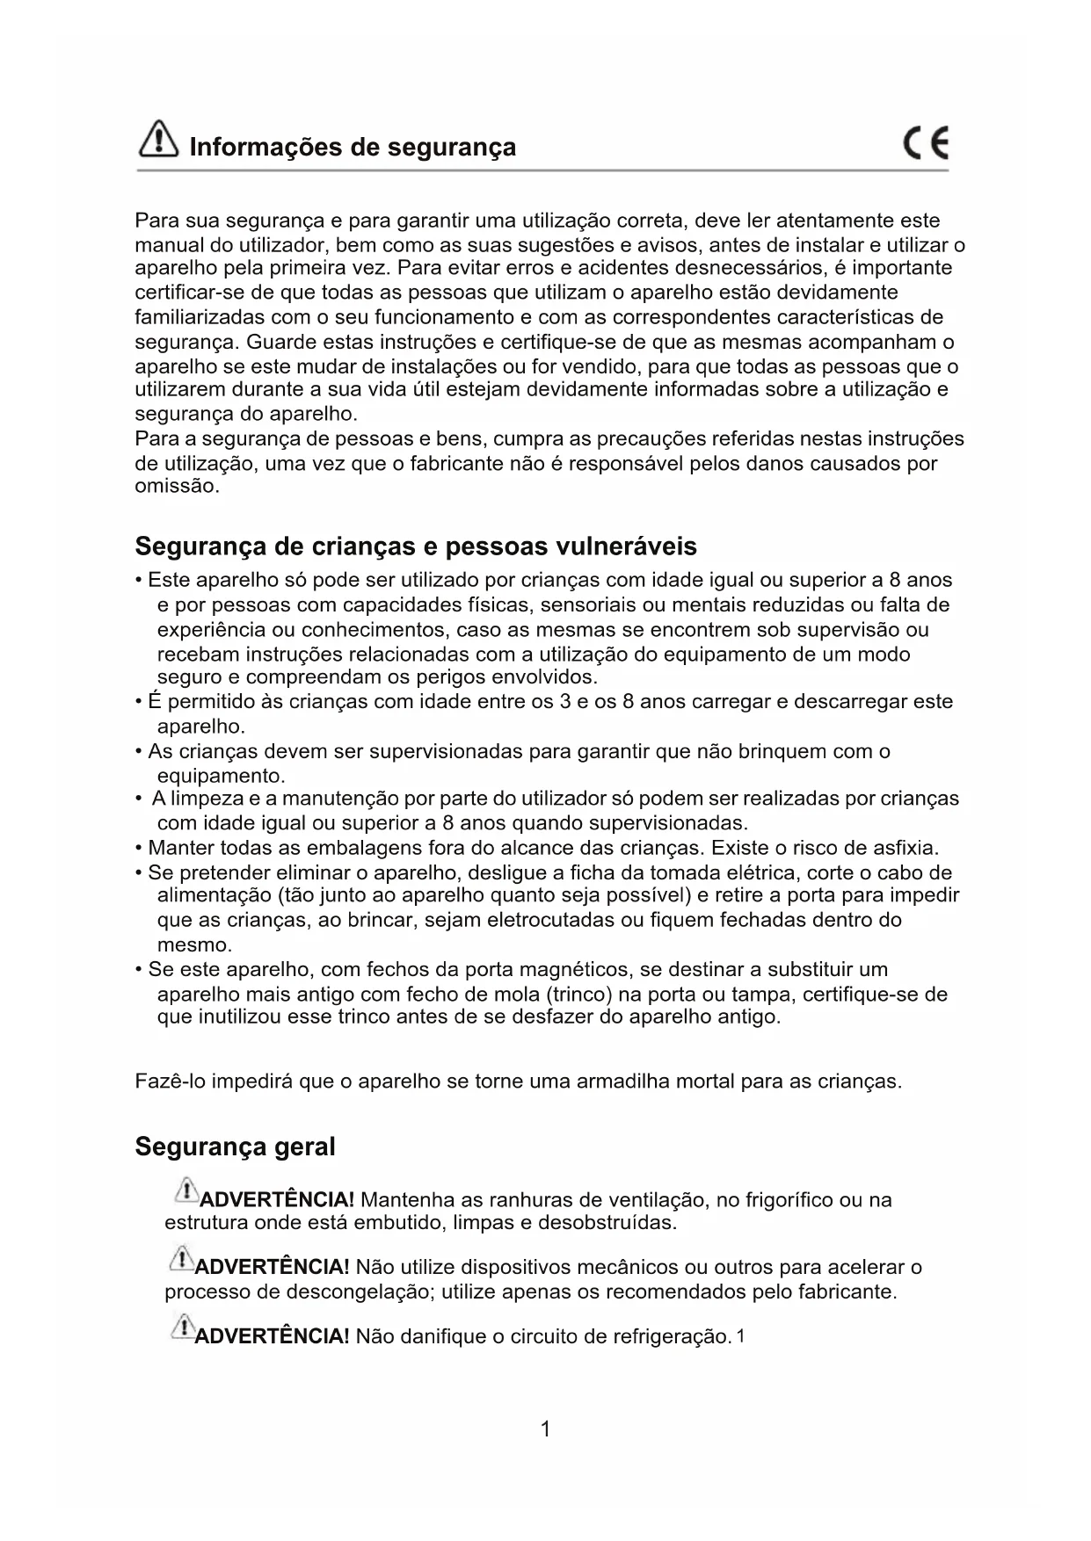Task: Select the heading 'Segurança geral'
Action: coord(235,1147)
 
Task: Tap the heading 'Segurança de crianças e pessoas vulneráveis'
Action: coord(416,546)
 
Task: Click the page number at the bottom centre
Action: coord(545,1429)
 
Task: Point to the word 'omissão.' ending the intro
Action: coord(177,487)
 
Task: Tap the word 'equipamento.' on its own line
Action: coord(221,777)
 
